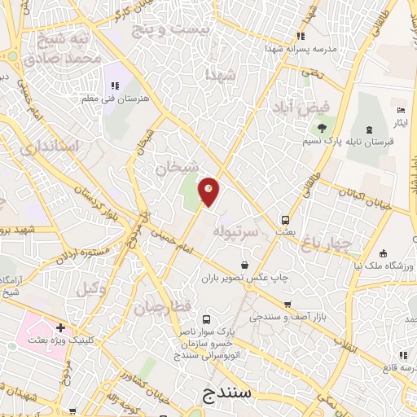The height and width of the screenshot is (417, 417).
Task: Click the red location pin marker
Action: point(209,191)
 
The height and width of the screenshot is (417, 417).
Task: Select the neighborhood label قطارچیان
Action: point(162,307)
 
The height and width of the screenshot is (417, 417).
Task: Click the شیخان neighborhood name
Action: point(178,168)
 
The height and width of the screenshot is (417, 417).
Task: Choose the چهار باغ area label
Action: point(325,242)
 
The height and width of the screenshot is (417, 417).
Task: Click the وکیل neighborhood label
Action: point(92,288)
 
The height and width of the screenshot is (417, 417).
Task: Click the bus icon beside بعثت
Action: point(285,220)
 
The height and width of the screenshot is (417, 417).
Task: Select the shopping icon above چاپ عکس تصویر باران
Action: point(245,264)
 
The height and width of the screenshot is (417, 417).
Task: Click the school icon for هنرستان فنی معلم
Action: point(113,85)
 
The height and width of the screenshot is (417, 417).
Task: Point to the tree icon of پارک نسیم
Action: point(322,128)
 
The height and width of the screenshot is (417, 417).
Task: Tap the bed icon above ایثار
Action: point(399,110)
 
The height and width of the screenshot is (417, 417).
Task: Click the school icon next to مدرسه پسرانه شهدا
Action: point(300,36)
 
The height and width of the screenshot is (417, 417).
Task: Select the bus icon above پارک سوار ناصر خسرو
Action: point(205,320)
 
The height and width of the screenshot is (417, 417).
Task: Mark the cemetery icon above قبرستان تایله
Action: point(369,129)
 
